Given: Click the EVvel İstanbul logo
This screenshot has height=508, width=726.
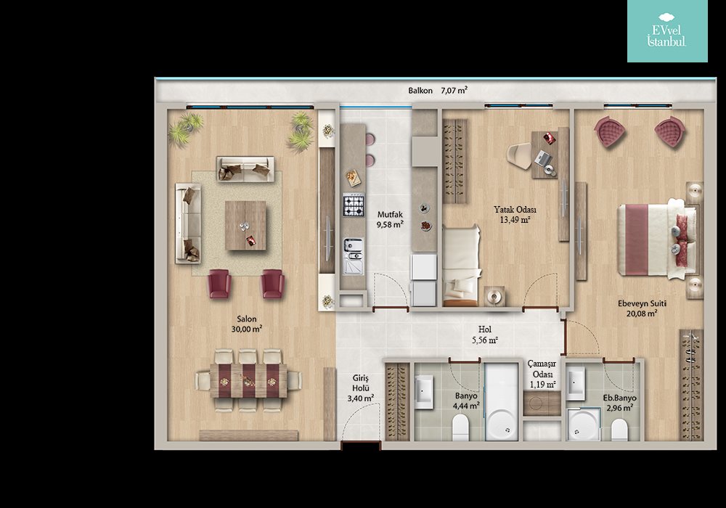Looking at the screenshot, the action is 667,31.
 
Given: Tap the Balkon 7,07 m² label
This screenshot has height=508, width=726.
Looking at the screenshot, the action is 438,90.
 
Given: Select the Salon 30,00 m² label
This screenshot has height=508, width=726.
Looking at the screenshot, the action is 247,324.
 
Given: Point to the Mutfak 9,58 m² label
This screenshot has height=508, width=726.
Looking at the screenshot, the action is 390,220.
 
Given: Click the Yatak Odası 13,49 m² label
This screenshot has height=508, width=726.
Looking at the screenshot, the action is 515,215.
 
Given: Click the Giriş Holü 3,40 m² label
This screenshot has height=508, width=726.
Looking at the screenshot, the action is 361,388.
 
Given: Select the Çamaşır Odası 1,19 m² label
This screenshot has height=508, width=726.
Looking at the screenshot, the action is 542,374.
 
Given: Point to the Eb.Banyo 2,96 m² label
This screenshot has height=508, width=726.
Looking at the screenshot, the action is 619,403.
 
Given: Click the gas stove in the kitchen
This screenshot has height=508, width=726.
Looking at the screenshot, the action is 354,205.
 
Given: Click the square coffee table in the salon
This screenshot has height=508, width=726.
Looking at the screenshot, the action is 245,225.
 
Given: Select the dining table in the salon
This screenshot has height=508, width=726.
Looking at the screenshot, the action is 248,380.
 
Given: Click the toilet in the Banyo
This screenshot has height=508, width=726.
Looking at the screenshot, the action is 461,427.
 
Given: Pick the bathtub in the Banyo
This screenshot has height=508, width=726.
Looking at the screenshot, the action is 502,401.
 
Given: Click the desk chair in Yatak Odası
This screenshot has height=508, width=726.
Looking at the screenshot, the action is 520,156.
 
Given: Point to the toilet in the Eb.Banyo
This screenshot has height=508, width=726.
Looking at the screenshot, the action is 619,430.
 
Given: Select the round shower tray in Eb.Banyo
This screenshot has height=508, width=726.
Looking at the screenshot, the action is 584,425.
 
